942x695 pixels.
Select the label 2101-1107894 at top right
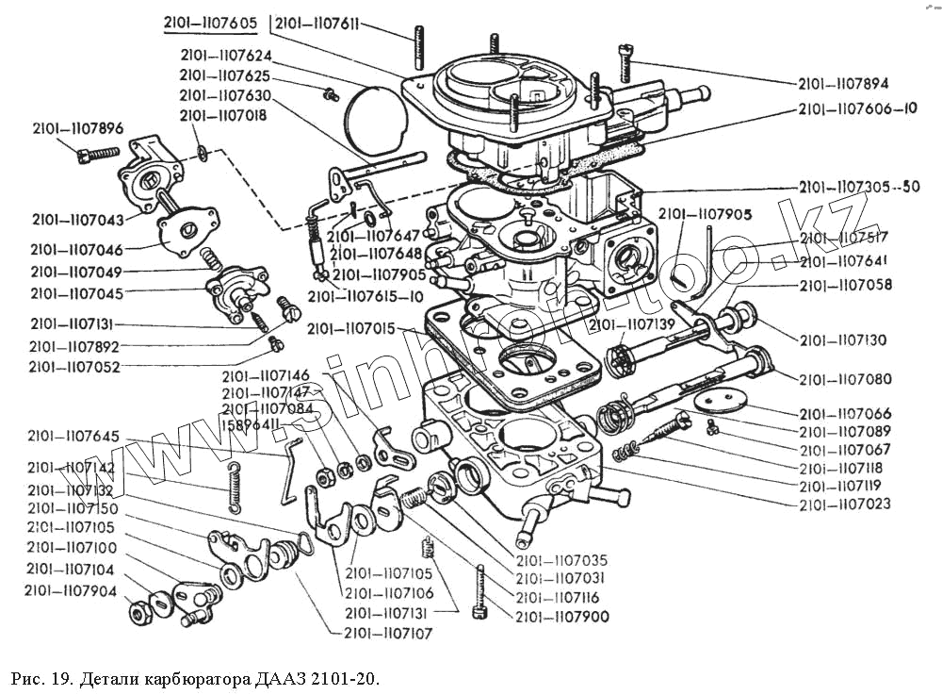843,83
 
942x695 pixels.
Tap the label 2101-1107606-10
857,109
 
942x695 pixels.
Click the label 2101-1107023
844,505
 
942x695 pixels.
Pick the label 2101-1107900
561,617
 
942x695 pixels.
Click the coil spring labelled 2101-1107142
235,483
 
